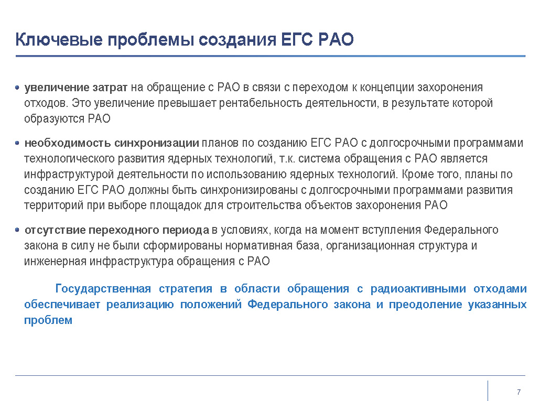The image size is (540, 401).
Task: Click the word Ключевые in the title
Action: click(x=59, y=39)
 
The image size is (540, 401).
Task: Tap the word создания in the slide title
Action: click(x=237, y=40)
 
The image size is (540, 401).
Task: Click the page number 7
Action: click(x=519, y=392)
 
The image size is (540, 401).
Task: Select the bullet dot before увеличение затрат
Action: click(x=17, y=88)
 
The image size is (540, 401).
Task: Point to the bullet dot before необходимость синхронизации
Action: click(x=17, y=143)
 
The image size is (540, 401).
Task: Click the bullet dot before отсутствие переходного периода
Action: click(x=17, y=230)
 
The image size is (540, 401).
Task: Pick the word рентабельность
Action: click(x=261, y=103)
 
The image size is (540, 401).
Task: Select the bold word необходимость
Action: click(x=68, y=143)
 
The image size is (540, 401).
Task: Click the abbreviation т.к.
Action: click(x=287, y=159)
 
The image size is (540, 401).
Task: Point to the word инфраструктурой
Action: click(x=69, y=175)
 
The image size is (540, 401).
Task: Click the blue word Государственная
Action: click(x=103, y=289)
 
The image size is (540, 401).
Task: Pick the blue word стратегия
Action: click(x=186, y=289)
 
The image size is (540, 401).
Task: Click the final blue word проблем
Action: click(x=48, y=320)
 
